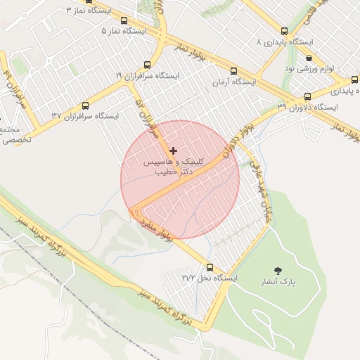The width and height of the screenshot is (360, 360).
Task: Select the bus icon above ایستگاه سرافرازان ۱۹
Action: (147, 65)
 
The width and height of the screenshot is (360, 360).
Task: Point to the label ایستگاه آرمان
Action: (235, 82)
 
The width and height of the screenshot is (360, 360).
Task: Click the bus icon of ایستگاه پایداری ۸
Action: (285, 31)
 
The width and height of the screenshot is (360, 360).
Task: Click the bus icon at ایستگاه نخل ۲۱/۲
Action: (209, 267)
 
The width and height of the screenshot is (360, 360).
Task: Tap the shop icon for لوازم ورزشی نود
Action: (309, 58)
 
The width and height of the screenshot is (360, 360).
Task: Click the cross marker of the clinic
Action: (173, 150)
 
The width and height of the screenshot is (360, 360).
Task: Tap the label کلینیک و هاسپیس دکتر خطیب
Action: (173, 166)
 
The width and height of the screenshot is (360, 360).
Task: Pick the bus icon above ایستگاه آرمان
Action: (234, 71)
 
